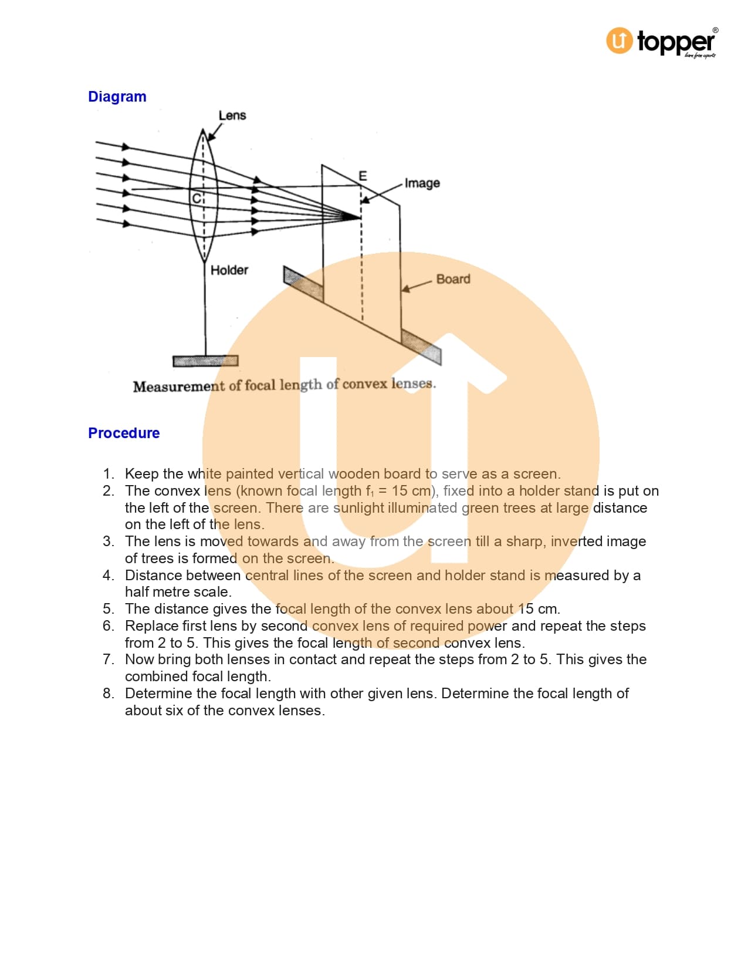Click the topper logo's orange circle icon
click(x=620, y=41)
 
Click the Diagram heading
click(x=117, y=97)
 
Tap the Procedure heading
click(x=124, y=433)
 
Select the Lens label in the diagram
click(x=232, y=116)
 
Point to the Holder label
click(x=229, y=270)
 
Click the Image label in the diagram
click(x=422, y=183)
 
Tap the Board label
click(x=453, y=279)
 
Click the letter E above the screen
click(x=363, y=176)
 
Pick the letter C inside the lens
click(x=197, y=198)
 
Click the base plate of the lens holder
click(x=205, y=361)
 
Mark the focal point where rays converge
click(x=360, y=217)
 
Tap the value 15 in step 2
click(x=400, y=491)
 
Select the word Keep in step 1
click(x=141, y=474)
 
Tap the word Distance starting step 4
click(x=154, y=576)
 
